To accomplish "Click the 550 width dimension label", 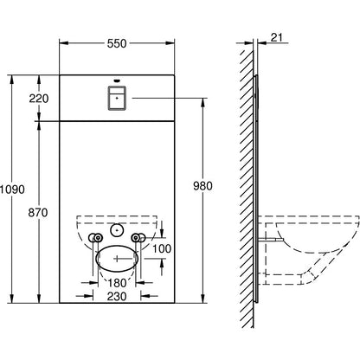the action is [x=117, y=43].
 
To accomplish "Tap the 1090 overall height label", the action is [x=12, y=190].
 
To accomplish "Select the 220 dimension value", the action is [x=39, y=99].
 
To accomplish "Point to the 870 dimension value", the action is [x=38, y=213].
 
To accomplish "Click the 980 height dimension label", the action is [x=202, y=186].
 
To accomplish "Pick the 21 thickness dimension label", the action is [x=277, y=37].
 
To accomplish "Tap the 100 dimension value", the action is [x=162, y=248].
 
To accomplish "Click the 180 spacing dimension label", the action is [x=117, y=283].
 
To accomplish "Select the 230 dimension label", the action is [x=117, y=296].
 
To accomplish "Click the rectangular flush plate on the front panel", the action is [x=117, y=98].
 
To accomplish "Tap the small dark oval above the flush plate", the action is [x=117, y=80].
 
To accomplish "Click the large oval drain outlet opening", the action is [x=117, y=259].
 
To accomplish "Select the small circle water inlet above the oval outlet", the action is [x=117, y=230].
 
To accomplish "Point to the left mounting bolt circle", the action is [x=99, y=238].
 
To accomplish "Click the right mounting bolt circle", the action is [x=135, y=238].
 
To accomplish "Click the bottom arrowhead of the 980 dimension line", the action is [x=203, y=299].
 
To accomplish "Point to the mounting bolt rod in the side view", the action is [x=271, y=240].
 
